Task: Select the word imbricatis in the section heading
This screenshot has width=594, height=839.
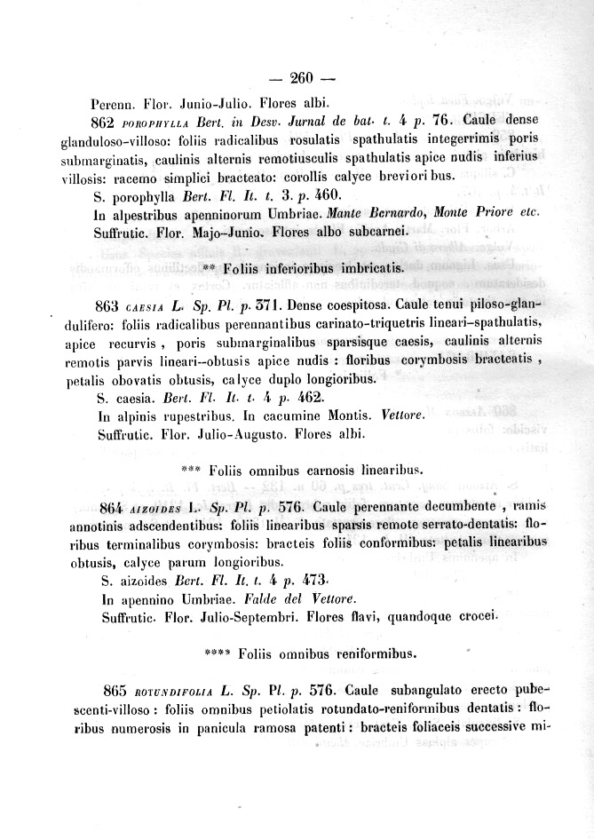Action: (375, 267)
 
